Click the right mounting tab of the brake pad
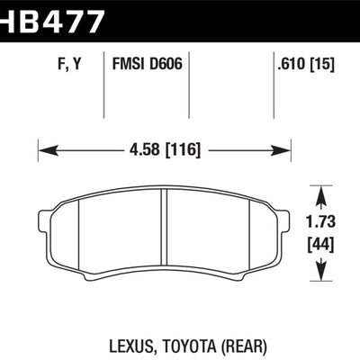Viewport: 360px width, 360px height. [285, 220]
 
